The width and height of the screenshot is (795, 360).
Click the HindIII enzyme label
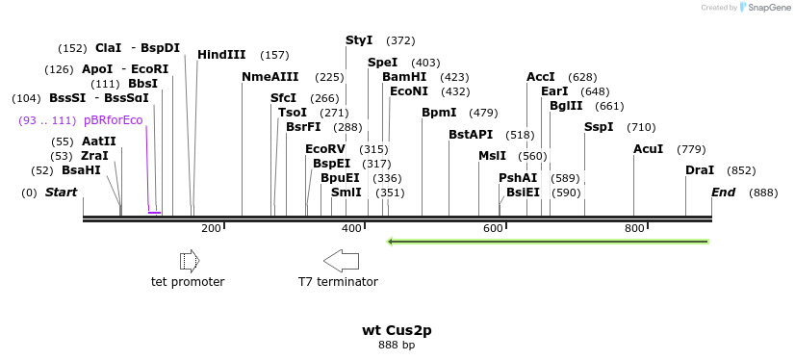coord(221,55)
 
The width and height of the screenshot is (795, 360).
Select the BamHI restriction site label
coord(403,77)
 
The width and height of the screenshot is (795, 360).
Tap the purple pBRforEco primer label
coord(113,120)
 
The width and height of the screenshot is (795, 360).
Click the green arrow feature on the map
coord(548,242)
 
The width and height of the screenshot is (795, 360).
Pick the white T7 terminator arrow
coord(341,260)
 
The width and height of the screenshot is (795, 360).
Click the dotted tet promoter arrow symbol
coord(189,261)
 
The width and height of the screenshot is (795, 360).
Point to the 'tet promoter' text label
coord(188,282)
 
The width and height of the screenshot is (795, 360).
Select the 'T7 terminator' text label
coord(338,282)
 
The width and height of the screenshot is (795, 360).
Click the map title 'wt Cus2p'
coord(397,330)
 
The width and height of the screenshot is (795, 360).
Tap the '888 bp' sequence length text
coord(397,345)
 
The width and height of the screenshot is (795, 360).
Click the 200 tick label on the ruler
coord(211,228)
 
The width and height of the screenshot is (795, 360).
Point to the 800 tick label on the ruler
coord(634,228)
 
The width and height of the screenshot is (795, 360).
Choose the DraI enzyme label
coord(700,170)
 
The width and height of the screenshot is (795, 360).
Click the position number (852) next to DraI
coord(741,170)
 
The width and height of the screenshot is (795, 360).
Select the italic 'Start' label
coord(61,193)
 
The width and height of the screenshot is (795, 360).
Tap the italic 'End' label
coord(723,193)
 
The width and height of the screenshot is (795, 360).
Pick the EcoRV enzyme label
coord(324,149)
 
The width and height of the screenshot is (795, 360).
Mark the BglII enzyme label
coord(566,106)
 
